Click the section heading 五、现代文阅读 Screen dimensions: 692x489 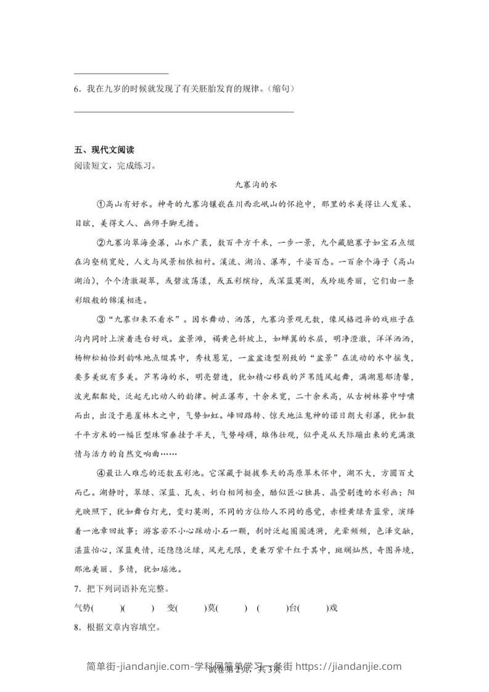click(x=104, y=150)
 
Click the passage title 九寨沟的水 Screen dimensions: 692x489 click(x=253, y=184)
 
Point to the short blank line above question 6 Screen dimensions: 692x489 click(x=121, y=74)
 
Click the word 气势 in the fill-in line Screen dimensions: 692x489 click(x=81, y=608)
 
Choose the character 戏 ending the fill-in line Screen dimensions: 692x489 click(x=334, y=608)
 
